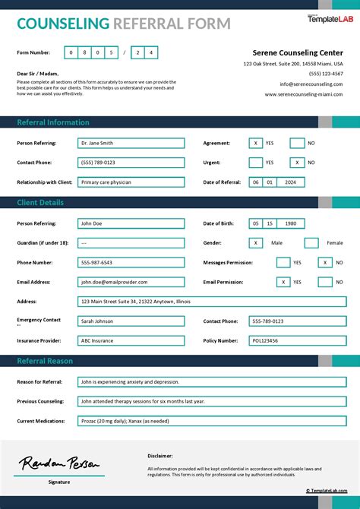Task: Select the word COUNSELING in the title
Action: click(x=63, y=24)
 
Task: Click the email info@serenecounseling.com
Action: click(x=311, y=84)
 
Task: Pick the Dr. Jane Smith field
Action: click(x=131, y=143)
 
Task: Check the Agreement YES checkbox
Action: click(x=256, y=143)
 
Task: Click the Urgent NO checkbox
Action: click(x=297, y=163)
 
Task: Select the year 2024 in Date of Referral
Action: click(x=291, y=182)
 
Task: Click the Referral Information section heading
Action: click(x=53, y=122)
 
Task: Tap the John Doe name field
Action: click(x=131, y=223)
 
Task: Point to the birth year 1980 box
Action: click(x=291, y=223)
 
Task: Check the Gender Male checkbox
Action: click(x=256, y=243)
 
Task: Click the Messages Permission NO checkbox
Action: click(x=325, y=262)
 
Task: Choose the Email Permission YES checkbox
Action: click(x=283, y=282)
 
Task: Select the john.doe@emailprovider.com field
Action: click(x=131, y=282)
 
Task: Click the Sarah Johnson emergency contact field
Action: click(x=131, y=321)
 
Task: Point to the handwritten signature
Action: click(x=59, y=463)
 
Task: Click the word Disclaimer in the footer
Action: click(x=160, y=456)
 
